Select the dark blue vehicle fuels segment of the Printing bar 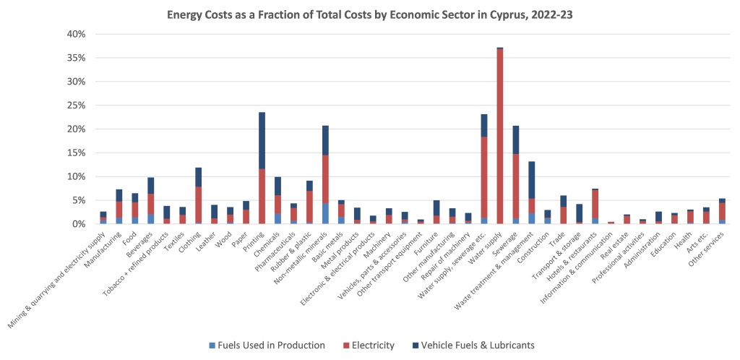[x=262, y=140]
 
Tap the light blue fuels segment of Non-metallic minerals [x=325, y=213]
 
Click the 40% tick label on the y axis [x=77, y=34]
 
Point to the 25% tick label [x=77, y=106]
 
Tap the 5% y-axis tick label [x=79, y=200]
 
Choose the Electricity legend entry [x=370, y=345]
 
